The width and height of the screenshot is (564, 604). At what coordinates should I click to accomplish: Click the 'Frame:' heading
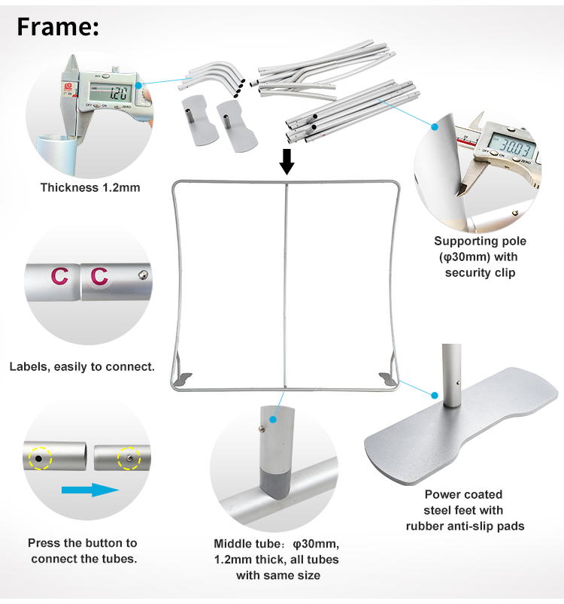(58, 27)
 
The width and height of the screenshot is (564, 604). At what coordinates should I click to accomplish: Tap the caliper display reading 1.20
(111, 93)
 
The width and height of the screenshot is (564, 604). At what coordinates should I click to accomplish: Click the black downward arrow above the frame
(287, 162)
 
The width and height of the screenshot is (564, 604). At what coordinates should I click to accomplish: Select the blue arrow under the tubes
(90, 490)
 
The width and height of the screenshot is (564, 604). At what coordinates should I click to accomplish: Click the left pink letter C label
(59, 276)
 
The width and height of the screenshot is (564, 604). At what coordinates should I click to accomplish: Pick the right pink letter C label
(99, 276)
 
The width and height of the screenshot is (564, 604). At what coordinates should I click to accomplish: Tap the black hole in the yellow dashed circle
(38, 459)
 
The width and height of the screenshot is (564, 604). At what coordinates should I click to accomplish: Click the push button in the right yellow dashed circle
(130, 458)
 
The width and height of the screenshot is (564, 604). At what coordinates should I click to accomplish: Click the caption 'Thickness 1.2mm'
(90, 187)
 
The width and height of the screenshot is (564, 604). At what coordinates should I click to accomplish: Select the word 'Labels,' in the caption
(29, 367)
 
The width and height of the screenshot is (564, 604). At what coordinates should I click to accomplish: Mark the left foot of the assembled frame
(183, 378)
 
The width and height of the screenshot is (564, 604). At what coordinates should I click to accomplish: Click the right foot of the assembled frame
(388, 378)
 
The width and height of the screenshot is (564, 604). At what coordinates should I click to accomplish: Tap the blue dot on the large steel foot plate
(435, 395)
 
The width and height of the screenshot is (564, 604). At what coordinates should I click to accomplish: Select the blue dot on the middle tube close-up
(273, 420)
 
